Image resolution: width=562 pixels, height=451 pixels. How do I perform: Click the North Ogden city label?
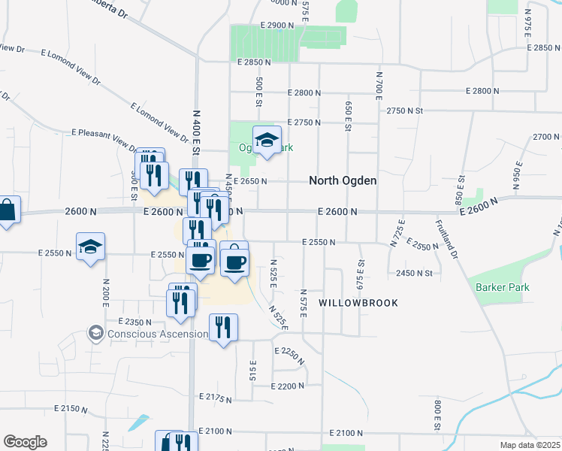coord(343,180)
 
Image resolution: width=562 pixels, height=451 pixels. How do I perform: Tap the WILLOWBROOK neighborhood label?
coord(357,302)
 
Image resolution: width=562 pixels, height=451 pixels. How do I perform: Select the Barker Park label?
coord(503,287)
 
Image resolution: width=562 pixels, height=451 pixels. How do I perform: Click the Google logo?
coord(25,442)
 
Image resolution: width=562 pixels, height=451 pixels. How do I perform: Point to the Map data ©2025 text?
coord(530,445)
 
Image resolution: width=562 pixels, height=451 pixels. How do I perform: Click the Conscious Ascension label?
coord(158,334)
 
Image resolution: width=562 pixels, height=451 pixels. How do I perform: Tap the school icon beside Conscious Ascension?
coord(95,332)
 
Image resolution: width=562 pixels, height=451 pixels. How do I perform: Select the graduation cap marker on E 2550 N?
coord(90,247)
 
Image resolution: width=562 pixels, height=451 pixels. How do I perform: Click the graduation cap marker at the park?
coord(266,141)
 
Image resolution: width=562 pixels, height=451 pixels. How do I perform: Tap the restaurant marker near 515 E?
coord(223,327)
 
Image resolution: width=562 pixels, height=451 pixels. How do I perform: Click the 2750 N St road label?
coord(406,110)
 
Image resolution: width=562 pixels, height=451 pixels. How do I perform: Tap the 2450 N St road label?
coord(415,274)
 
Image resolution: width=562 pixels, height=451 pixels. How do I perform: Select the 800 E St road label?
coord(437,416)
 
